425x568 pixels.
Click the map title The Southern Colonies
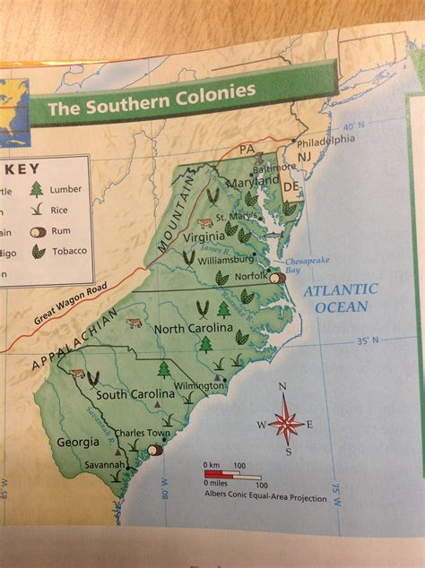point(151,99)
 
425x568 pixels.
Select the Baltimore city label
point(273,168)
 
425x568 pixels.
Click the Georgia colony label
point(78,442)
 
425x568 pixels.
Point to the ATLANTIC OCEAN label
point(340,298)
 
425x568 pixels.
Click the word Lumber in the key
point(65,189)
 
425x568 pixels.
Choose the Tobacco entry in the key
point(69,251)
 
